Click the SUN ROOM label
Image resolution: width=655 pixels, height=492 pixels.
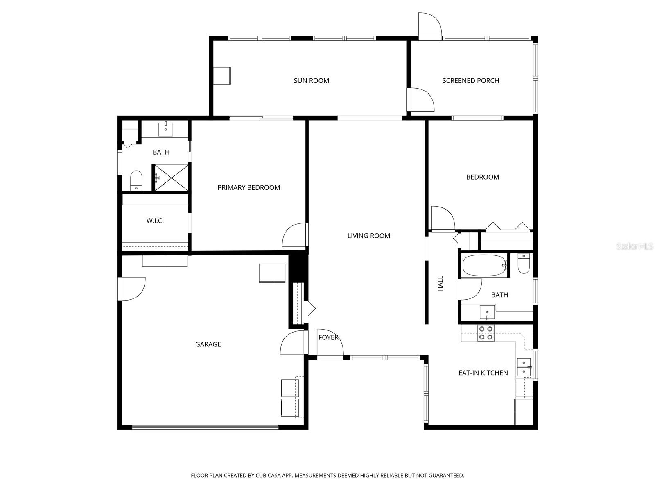(311, 81)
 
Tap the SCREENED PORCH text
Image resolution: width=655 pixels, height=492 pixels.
(470, 81)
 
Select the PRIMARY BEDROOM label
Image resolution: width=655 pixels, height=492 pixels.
(248, 188)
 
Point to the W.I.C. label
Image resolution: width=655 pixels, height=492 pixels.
(155, 221)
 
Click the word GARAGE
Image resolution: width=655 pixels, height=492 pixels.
(208, 344)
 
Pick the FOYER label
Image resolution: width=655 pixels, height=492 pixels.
(328, 337)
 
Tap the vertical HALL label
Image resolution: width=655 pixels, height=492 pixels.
(440, 284)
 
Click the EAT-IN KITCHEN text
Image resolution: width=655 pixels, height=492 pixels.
(483, 373)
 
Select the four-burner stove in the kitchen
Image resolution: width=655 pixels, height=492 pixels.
(486, 333)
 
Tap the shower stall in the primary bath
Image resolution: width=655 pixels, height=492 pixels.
(171, 178)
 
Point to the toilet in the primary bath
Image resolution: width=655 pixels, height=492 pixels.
(136, 181)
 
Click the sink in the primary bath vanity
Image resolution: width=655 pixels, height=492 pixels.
(165, 129)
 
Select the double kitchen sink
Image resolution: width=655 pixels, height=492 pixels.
(524, 367)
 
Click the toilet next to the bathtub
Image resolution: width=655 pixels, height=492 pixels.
(524, 264)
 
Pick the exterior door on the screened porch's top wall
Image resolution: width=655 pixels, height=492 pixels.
(429, 26)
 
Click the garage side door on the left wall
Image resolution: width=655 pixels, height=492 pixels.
(132, 289)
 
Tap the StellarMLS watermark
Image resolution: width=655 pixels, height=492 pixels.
(634, 246)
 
